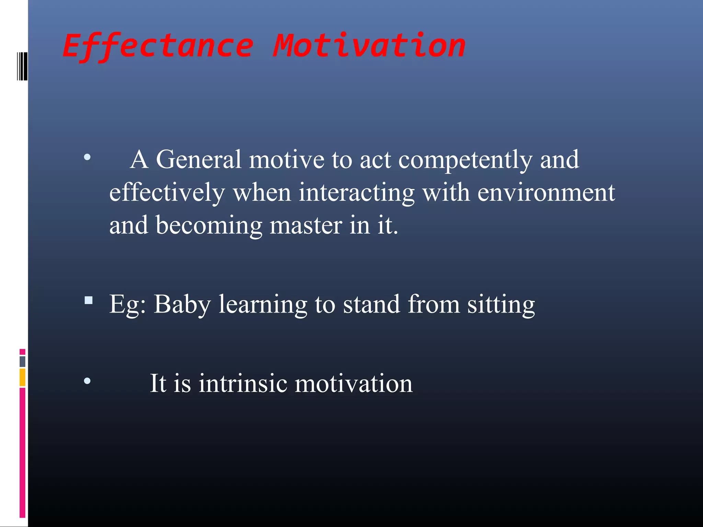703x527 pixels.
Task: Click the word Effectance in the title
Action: point(158,46)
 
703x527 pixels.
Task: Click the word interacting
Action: point(357,193)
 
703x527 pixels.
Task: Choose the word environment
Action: point(546,193)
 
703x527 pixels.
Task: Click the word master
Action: point(306,226)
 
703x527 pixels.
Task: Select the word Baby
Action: point(182,305)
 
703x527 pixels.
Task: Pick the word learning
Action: point(263,305)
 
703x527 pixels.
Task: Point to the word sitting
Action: point(501,305)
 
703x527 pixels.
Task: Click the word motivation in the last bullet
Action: point(354,383)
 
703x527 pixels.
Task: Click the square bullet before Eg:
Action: point(89,301)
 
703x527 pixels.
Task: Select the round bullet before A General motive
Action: point(87,157)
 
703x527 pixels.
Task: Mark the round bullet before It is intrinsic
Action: point(87,380)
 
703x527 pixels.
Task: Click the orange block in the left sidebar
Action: point(22,377)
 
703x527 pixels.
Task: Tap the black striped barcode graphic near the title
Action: point(22,66)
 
